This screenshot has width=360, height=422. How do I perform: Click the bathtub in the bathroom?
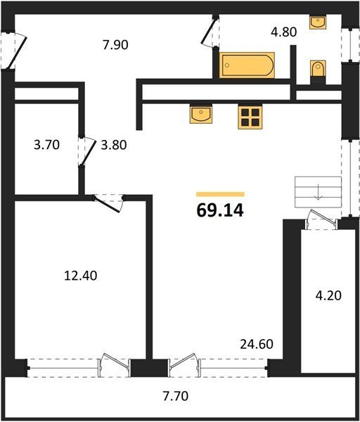tap(247, 65)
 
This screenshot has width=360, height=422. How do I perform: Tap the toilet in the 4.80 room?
tap(318, 68)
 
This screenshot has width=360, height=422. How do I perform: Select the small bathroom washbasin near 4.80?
tap(318, 23)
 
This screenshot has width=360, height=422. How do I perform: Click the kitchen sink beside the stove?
tap(200, 115)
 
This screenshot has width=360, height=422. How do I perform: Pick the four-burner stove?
tap(250, 117)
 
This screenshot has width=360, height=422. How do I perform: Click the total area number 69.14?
tap(220, 210)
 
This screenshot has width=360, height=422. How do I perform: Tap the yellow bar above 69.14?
tap(220, 194)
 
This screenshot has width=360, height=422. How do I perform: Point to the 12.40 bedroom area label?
tap(80, 276)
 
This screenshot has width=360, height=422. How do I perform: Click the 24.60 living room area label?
tap(257, 344)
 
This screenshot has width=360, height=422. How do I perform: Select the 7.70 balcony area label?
tap(176, 396)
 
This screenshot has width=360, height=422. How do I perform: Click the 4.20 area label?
tap(328, 295)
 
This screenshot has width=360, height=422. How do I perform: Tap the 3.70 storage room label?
tap(46, 145)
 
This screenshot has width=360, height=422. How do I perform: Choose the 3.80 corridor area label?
tap(113, 145)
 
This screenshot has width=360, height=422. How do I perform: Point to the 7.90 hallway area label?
tap(115, 45)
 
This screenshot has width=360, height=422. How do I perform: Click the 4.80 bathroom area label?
tap(284, 32)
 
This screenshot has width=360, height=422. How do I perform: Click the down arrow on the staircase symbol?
tap(319, 192)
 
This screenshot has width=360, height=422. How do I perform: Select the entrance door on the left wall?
tap(17, 52)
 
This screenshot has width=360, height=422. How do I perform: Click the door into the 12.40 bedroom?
tap(108, 205)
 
